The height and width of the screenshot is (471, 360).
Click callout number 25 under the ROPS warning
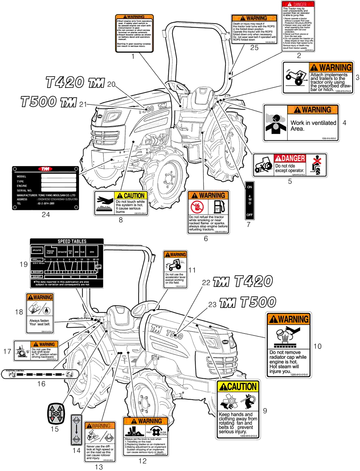(x=254, y=47)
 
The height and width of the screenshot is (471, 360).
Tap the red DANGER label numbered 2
(x=299, y=26)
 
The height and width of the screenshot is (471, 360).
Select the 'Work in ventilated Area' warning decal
(x=301, y=122)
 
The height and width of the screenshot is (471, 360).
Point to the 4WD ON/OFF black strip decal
(x=250, y=200)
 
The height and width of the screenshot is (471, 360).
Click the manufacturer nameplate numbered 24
(x=45, y=188)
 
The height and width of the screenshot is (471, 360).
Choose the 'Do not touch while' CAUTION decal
(x=121, y=203)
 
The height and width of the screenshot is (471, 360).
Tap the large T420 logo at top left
(x=75, y=82)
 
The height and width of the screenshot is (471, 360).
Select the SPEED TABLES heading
(x=72, y=242)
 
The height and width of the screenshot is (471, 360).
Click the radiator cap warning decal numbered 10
(x=289, y=345)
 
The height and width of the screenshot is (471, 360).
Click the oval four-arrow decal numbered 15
(x=55, y=414)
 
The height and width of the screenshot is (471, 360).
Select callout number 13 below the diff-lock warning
(x=99, y=467)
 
